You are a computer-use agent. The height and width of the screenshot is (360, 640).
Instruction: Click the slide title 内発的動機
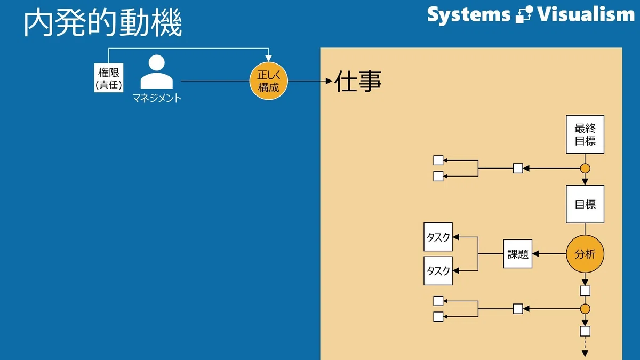tap(103, 22)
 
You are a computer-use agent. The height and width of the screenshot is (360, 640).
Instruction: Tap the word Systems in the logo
tap(469, 15)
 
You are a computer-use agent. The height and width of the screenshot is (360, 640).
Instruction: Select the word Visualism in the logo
tap(586, 14)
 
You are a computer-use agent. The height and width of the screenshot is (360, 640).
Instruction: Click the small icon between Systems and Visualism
tap(524, 14)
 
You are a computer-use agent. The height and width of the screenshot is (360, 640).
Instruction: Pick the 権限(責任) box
tap(109, 78)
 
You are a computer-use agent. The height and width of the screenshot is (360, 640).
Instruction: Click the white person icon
tap(157, 71)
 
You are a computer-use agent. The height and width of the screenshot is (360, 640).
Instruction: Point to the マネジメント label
tap(157, 98)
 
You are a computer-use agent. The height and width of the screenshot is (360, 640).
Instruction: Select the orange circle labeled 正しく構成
tap(269, 81)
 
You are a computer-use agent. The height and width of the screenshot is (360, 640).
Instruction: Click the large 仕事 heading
tap(358, 81)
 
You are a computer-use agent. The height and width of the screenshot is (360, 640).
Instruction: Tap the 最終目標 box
tap(585, 134)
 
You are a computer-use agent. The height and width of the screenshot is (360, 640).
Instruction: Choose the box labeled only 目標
tap(585, 204)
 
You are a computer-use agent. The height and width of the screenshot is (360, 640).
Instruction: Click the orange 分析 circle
tap(585, 254)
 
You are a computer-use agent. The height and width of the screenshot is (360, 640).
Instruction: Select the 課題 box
tap(518, 254)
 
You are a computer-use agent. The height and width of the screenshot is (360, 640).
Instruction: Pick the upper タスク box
tap(438, 237)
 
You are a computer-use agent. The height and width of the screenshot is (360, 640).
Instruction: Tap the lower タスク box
tap(438, 270)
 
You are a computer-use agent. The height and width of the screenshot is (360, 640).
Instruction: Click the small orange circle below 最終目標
tap(585, 169)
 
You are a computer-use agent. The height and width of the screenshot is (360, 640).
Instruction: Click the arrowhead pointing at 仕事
tap(329, 81)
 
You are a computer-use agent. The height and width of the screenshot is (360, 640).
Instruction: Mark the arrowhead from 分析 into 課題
tap(535, 254)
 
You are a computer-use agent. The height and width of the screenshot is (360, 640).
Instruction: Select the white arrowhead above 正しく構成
tap(269, 59)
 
